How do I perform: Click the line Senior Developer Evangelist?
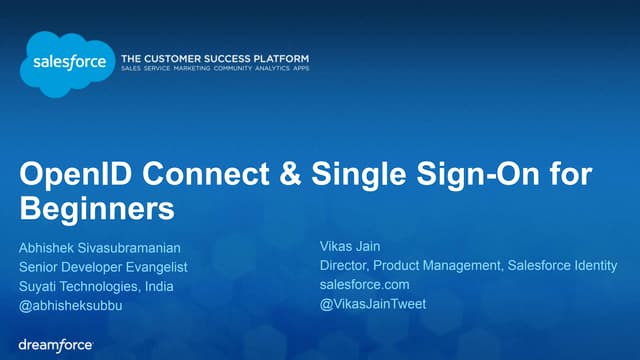pyautogui.click(x=103, y=267)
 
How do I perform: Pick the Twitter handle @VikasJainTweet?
pyautogui.click(x=373, y=303)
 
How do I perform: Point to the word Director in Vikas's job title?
pyautogui.click(x=344, y=265)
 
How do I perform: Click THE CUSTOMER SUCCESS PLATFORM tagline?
pyautogui.click(x=214, y=59)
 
